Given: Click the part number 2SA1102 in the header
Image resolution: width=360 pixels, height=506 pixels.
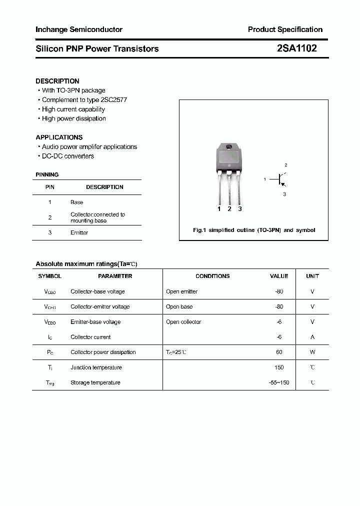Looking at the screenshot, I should [296, 48].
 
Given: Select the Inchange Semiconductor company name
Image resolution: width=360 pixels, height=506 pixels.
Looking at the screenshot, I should [78, 29].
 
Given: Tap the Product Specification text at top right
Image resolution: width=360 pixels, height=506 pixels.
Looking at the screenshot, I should [285, 29].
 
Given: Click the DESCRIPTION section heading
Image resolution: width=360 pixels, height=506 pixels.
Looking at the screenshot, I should [57, 81].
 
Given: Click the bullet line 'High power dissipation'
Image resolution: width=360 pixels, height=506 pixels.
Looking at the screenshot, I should [73, 118].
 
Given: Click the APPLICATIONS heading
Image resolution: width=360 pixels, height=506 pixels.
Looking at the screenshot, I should [59, 137].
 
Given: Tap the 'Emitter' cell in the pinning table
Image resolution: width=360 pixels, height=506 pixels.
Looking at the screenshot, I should [79, 233].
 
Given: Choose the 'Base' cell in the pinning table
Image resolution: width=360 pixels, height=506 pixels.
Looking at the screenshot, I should [76, 202].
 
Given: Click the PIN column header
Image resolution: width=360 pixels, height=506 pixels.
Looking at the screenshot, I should [50, 187].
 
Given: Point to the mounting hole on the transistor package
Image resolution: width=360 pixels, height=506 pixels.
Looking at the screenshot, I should [229, 147].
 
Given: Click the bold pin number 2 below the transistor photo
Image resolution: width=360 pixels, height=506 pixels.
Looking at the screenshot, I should [229, 209].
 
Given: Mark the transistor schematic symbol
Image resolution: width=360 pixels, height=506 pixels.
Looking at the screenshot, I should [280, 179].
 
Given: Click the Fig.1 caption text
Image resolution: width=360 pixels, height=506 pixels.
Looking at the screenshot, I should [254, 230].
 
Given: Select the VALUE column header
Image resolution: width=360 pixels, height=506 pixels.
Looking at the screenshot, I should [279, 276].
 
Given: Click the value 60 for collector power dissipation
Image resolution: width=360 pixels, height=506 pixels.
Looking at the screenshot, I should [279, 352].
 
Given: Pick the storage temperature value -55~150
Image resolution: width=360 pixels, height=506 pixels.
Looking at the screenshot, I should [279, 383].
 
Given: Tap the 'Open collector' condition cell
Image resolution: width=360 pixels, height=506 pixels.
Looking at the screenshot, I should [183, 322].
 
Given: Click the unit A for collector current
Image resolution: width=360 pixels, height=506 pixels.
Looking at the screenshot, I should [312, 337].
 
